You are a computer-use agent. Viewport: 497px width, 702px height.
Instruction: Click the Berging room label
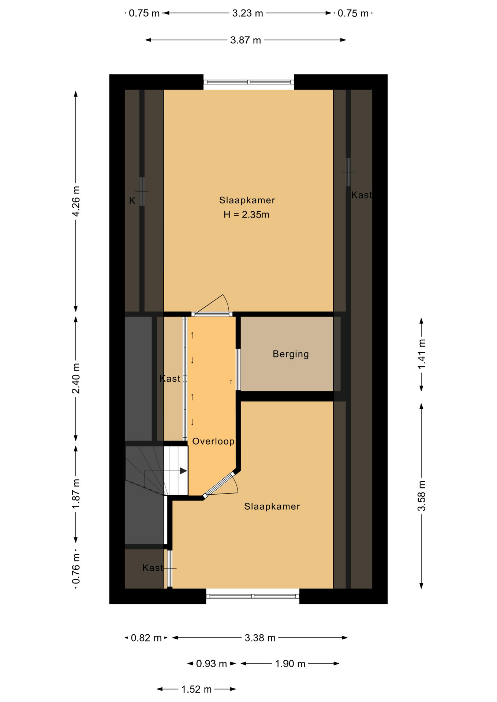pyautogui.click(x=291, y=354)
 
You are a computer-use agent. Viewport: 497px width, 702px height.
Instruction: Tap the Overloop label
pyautogui.click(x=213, y=441)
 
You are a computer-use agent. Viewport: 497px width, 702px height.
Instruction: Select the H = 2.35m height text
pyautogui.click(x=246, y=215)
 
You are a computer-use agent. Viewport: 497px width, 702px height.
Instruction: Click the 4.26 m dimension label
pyautogui.click(x=76, y=201)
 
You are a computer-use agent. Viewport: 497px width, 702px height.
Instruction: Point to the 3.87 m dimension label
pyautogui.click(x=246, y=40)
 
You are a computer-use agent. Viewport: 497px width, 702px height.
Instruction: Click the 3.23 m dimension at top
pyautogui.click(x=248, y=14)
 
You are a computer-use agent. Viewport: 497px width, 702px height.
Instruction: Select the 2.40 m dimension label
pyautogui.click(x=76, y=378)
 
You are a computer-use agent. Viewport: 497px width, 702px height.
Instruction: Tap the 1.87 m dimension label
pyautogui.click(x=76, y=494)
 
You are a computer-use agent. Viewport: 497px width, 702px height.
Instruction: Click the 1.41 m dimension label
pyautogui.click(x=422, y=354)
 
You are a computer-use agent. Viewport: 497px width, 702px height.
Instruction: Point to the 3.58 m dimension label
pyautogui.click(x=422, y=496)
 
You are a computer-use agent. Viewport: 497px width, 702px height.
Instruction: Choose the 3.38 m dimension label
pyautogui.click(x=260, y=638)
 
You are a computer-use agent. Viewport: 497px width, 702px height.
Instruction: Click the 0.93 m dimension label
pyautogui.click(x=212, y=664)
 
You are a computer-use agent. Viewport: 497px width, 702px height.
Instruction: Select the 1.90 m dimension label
pyautogui.click(x=290, y=664)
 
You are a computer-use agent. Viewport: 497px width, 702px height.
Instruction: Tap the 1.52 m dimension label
pyautogui.click(x=197, y=690)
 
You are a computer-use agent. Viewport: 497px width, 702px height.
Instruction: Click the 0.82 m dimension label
pyautogui.click(x=146, y=638)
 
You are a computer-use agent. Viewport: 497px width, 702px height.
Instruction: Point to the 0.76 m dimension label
pyautogui.click(x=76, y=569)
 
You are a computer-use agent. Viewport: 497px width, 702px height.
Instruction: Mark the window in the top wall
pyautogui.click(x=249, y=82)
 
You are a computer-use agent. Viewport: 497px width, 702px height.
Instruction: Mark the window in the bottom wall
pyautogui.click(x=253, y=596)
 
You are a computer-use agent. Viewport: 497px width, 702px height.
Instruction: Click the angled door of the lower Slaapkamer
pyautogui.click(x=219, y=485)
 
